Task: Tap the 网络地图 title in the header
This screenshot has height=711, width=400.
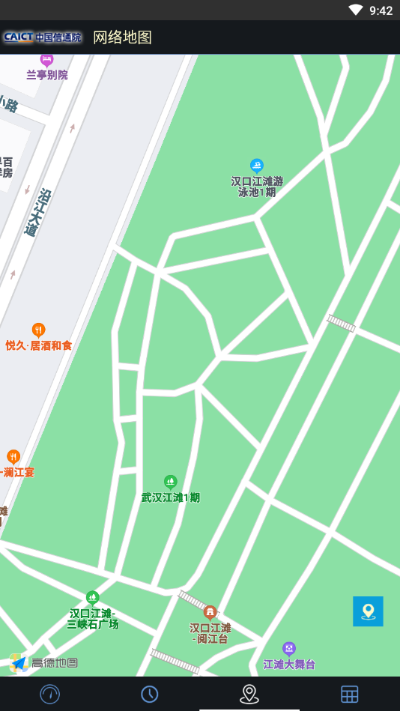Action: click(x=122, y=37)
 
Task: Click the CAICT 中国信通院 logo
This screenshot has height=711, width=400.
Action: click(x=42, y=37)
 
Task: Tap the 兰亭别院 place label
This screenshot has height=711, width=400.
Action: click(x=47, y=75)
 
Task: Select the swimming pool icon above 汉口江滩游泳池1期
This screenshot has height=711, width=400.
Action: click(x=257, y=166)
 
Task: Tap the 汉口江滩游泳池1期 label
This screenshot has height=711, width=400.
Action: click(x=257, y=187)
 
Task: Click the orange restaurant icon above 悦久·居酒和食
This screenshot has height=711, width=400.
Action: click(x=38, y=330)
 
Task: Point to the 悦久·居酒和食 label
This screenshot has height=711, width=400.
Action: click(x=39, y=345)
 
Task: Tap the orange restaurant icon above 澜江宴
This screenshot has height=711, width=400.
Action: click(x=13, y=456)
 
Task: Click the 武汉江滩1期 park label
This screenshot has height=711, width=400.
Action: click(x=171, y=497)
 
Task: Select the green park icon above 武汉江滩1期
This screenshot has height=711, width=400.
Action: click(x=171, y=481)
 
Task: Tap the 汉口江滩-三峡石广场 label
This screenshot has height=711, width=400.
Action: click(x=93, y=619)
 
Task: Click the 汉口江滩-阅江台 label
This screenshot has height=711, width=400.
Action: click(x=210, y=633)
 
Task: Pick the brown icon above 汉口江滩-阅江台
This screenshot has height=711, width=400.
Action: click(x=210, y=612)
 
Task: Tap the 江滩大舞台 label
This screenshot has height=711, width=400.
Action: click(x=289, y=665)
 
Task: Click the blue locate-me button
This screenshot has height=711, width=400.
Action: click(x=368, y=611)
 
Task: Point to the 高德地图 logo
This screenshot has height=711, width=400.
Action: click(x=44, y=662)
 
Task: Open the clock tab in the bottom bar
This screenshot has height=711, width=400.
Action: click(x=150, y=694)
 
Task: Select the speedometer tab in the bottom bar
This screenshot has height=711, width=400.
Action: click(x=50, y=694)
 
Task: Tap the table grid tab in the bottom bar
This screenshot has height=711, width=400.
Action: click(x=350, y=694)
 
